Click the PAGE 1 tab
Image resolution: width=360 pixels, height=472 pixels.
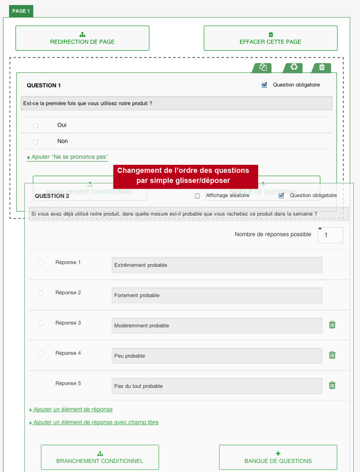pos(21,11)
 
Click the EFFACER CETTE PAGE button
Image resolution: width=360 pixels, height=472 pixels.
pos(270,38)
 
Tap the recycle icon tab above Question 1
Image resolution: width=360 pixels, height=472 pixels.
pos(294,67)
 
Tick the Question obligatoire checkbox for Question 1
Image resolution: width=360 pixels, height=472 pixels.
pos(265,85)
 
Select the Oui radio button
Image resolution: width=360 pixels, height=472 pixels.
pos(36,126)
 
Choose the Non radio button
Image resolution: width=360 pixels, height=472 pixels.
pos(36,142)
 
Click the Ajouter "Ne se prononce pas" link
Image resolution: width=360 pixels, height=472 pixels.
pos(67,157)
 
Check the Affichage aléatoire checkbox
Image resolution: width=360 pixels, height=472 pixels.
pos(197,196)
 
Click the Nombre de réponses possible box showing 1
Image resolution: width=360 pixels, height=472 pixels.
pos(330,235)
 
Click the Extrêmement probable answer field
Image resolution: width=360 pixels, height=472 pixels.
pos(217,265)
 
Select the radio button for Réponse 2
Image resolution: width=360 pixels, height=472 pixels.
pos(40,293)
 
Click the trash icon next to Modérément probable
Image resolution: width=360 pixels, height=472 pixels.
pos(332,325)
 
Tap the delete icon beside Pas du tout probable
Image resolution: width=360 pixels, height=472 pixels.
pos(332,385)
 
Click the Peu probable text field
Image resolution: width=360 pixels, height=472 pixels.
pos(217,356)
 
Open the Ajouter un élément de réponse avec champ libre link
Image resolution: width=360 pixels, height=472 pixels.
pos(95,422)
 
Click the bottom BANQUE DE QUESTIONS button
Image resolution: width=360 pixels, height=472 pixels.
pos(278,457)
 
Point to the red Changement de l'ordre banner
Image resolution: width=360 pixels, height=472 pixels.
pos(185,176)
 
